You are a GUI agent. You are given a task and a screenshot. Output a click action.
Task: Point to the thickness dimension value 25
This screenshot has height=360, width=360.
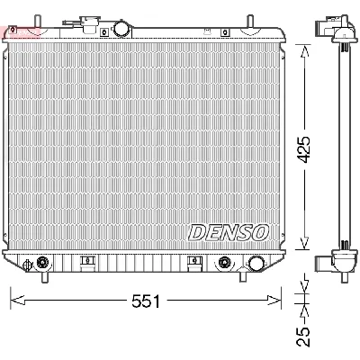click(x=307, y=335)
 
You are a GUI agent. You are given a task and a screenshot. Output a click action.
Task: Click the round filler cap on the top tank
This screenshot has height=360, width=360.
click(x=120, y=30)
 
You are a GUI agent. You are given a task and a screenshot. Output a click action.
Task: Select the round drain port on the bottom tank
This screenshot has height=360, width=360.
click(x=256, y=264)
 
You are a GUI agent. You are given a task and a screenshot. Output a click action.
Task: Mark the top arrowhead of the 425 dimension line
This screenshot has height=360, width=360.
click(x=307, y=42)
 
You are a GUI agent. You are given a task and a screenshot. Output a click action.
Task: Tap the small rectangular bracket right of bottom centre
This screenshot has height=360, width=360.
click(x=194, y=262)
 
